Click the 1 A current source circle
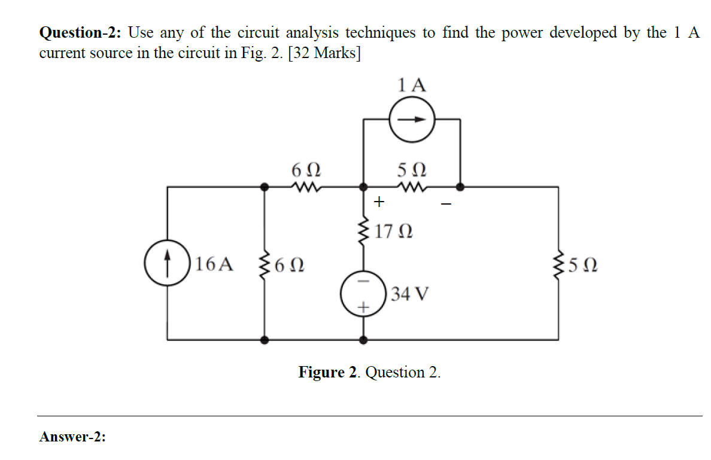(411, 119)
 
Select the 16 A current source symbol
(166, 263)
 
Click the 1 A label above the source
(412, 85)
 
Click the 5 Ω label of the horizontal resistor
(411, 169)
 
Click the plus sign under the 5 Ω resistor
(378, 203)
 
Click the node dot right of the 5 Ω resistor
(460, 187)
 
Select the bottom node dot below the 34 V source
(363, 340)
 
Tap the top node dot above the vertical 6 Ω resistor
(265, 187)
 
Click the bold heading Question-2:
(81, 33)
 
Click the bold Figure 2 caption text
(330, 373)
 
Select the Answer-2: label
(72, 437)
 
